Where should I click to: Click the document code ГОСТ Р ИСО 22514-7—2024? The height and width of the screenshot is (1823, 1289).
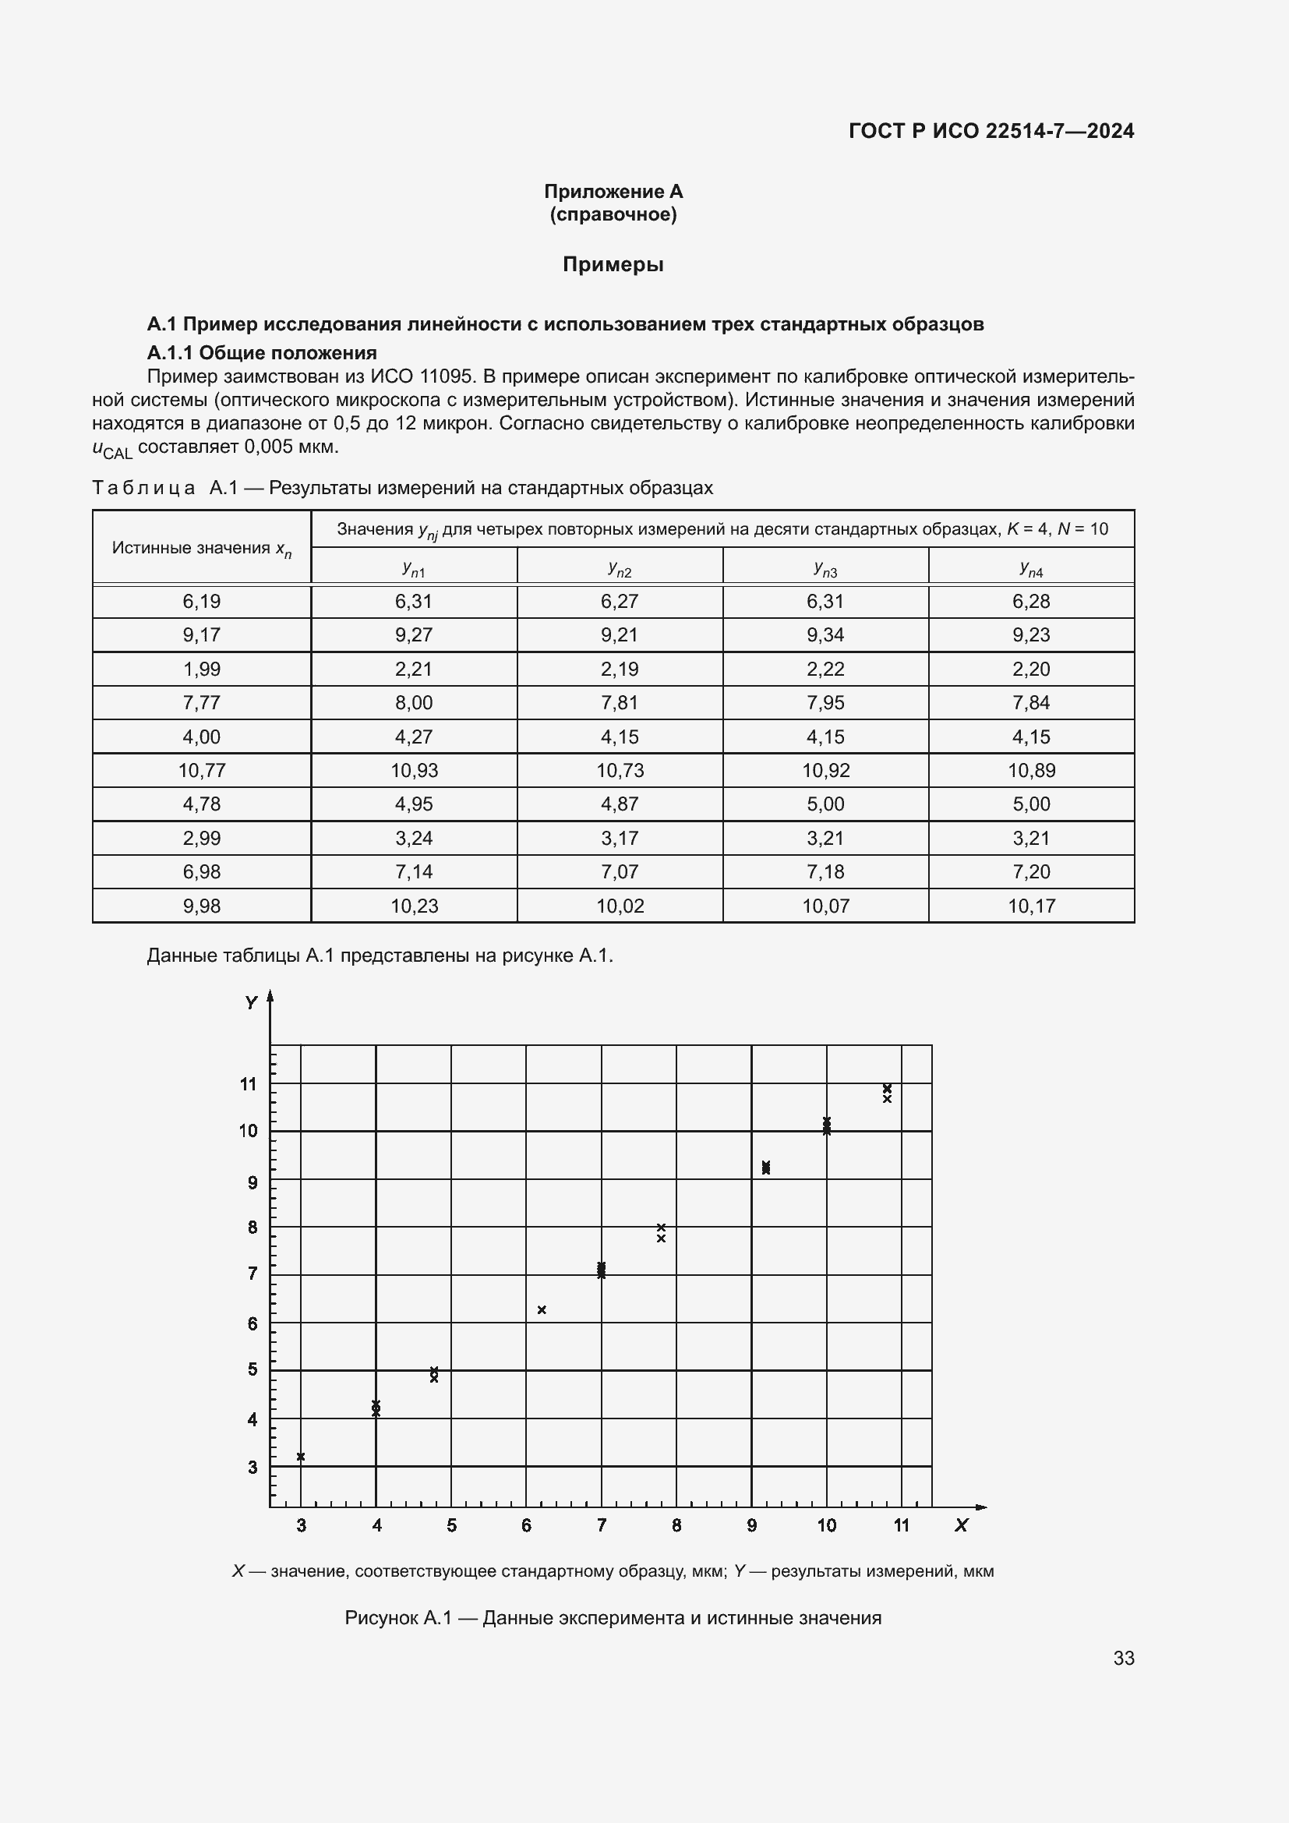(991, 131)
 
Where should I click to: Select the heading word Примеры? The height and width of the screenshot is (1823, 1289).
(613, 264)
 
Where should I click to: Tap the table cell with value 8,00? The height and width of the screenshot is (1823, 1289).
(414, 703)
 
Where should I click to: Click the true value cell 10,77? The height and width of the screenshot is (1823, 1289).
(202, 770)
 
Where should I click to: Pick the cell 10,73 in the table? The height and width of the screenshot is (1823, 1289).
(620, 770)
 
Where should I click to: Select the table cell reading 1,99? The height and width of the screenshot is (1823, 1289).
(202, 669)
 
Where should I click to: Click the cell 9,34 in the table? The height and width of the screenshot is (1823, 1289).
(825, 634)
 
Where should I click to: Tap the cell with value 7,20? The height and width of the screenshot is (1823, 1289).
(1031, 872)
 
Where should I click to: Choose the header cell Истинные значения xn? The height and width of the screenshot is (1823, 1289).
(202, 548)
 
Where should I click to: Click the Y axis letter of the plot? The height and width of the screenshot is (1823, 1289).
(251, 1003)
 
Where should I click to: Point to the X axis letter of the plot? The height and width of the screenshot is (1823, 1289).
(961, 1525)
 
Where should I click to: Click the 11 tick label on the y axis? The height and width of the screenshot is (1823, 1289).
(249, 1084)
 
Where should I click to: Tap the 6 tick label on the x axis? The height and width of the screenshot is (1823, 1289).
(526, 1525)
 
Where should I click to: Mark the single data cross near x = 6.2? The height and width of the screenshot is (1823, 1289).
(542, 1310)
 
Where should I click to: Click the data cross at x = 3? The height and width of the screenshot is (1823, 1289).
(301, 1457)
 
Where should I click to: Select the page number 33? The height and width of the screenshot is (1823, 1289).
(1123, 1658)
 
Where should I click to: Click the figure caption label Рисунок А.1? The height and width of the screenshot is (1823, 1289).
(397, 1618)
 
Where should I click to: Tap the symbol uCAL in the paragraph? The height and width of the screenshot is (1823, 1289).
(112, 449)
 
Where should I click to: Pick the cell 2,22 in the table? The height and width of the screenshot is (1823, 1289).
(825, 669)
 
